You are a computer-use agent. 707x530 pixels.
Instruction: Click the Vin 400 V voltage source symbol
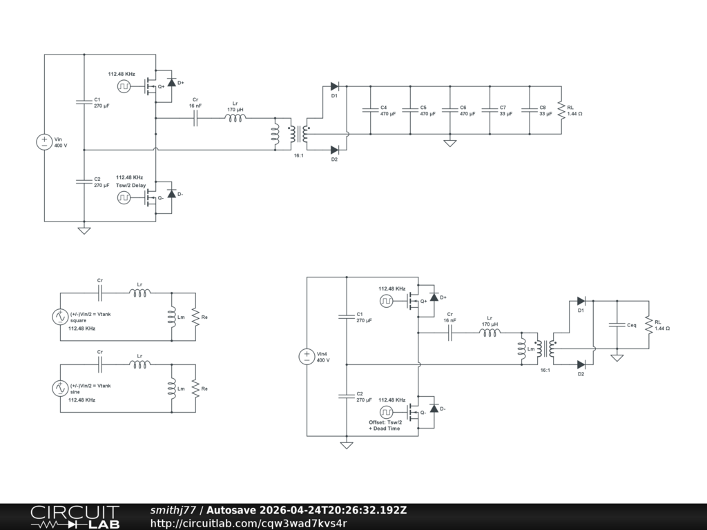coord(44,142)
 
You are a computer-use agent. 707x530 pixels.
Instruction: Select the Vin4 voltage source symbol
coord(307,357)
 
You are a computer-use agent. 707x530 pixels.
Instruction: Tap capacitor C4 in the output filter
coord(370,110)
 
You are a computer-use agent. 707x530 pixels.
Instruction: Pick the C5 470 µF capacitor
coord(410,110)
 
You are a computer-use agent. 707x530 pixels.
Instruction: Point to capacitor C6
coord(449,110)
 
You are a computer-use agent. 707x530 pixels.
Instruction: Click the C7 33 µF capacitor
coord(490,110)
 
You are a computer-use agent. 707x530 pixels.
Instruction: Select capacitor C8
coord(530,110)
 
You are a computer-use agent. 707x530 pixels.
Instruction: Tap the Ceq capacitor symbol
coord(617,324)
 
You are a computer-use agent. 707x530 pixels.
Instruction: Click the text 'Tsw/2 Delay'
coord(130,185)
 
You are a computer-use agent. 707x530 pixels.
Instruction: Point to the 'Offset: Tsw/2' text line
coord(385,422)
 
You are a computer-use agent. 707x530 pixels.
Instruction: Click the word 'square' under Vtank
coord(78,320)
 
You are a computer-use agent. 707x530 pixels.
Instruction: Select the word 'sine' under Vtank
coord(75,392)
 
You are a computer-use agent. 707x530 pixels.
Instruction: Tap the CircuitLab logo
coord(75,517)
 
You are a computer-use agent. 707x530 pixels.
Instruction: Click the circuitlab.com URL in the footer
coord(249,523)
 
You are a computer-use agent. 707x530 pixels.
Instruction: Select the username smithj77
coord(173,510)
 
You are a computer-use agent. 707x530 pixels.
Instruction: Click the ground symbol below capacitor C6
coord(450,143)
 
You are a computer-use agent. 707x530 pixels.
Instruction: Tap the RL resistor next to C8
coord(561,110)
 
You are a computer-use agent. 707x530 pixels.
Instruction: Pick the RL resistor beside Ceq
coord(649,324)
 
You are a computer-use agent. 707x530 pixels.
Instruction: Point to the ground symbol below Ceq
coord(617,358)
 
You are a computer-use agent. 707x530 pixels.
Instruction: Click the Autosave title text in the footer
coord(307,510)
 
